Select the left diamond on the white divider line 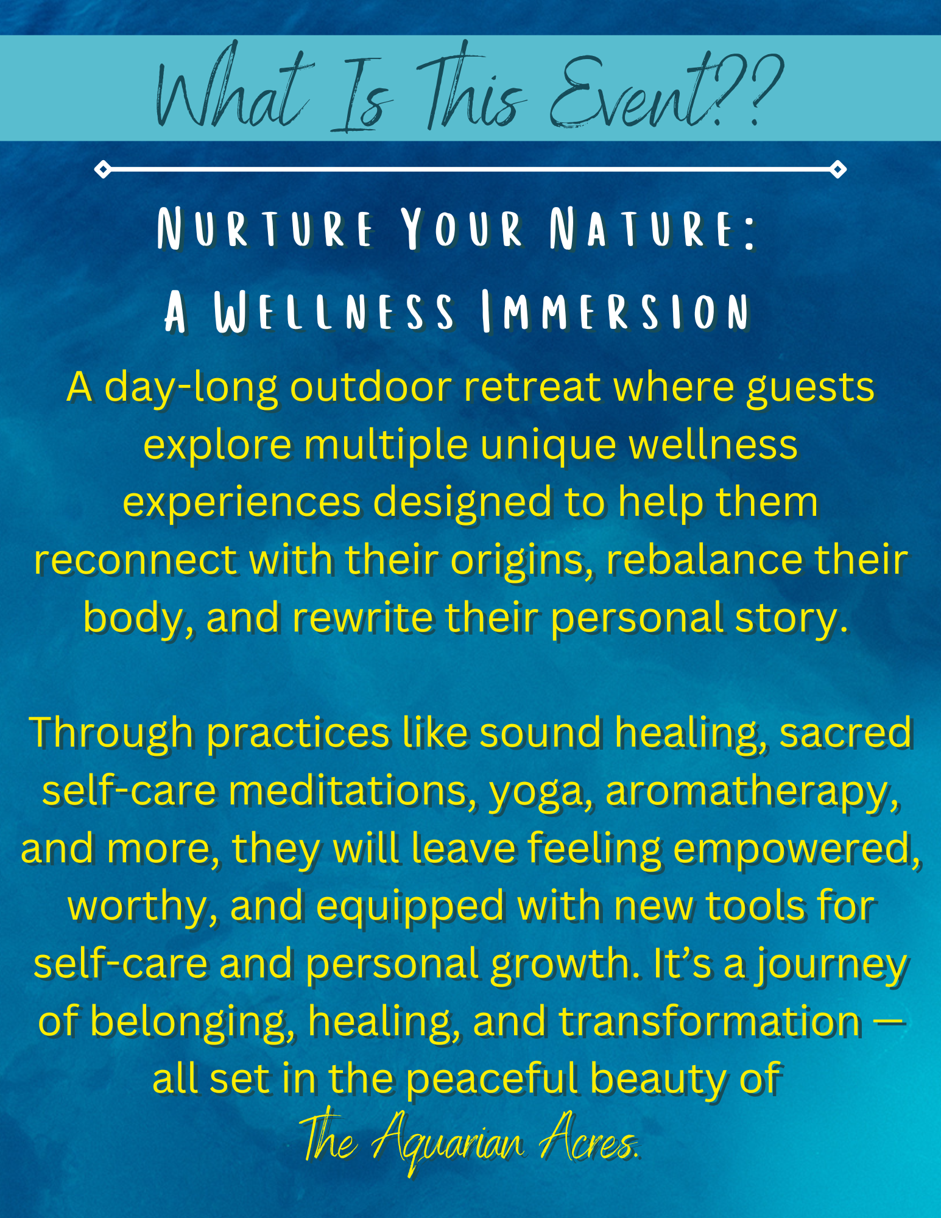pos(103,169)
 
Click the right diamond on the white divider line pos(838,169)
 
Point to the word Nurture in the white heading pos(265,229)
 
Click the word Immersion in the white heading pos(615,312)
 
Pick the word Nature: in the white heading pos(653,229)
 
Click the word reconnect pos(135,560)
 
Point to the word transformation pos(710,1021)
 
